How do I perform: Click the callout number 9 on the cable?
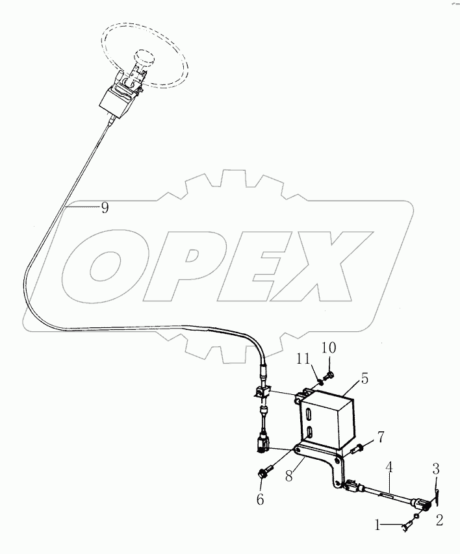(x=105, y=208)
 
